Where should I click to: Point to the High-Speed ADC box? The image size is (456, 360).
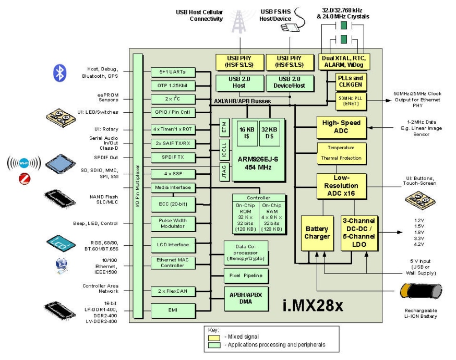tap(342, 127)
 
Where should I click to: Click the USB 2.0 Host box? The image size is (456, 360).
tap(239, 82)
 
